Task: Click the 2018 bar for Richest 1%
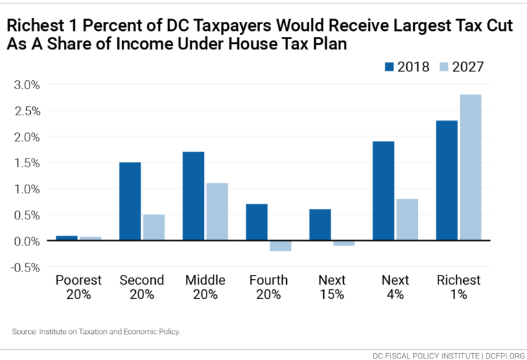click(x=446, y=180)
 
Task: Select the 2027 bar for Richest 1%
click(x=470, y=167)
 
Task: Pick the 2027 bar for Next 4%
click(x=407, y=219)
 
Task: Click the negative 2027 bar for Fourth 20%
click(x=280, y=245)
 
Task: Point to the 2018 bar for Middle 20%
click(x=193, y=196)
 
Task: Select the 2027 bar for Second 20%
click(x=154, y=227)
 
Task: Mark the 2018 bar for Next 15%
click(x=320, y=225)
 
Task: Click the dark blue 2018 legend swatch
click(x=390, y=67)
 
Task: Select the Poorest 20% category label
click(x=78, y=287)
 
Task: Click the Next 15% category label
click(x=332, y=287)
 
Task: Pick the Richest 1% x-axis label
click(x=458, y=287)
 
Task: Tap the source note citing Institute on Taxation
click(x=95, y=331)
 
